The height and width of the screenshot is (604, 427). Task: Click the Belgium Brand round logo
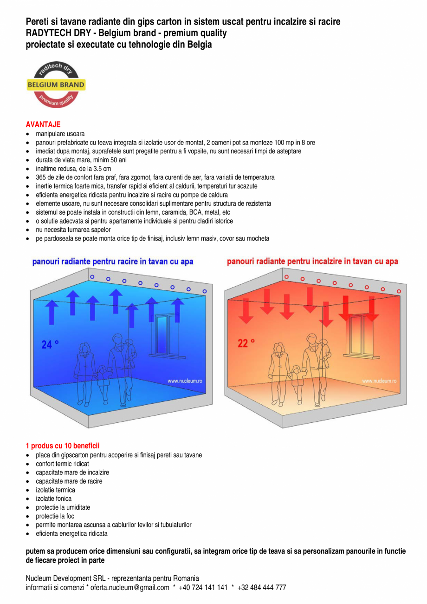point(56,85)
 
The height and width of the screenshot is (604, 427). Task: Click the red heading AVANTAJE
point(43,125)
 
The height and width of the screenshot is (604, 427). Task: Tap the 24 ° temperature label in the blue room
point(50,344)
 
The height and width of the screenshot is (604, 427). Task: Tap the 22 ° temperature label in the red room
point(246,343)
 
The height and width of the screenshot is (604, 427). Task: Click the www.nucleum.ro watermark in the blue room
point(185,381)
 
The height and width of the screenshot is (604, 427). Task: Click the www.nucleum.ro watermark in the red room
point(379,381)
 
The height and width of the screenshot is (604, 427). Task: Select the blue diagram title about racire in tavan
point(113,262)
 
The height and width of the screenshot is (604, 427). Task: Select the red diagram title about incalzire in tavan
point(312,262)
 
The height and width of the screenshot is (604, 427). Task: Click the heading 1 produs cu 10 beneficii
point(63,446)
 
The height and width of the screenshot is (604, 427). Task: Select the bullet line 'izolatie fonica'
point(54,499)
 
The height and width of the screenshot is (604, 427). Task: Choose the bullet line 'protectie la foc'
point(55,516)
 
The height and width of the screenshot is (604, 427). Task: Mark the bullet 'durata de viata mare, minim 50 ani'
point(81,160)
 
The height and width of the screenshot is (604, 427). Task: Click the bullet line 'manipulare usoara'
point(60,134)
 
